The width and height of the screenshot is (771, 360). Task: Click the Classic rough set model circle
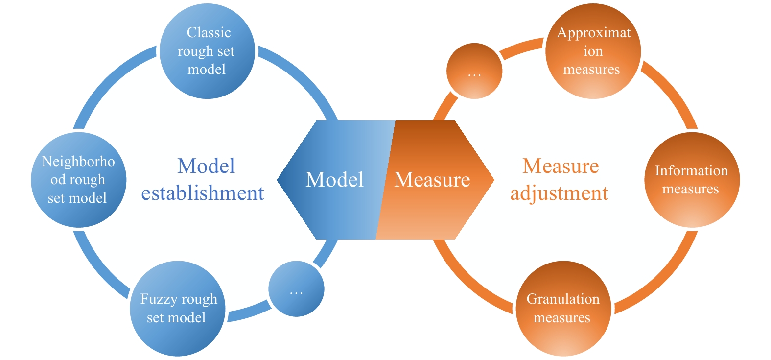[207, 51]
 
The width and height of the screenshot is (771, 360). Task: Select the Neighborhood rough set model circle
[78, 180]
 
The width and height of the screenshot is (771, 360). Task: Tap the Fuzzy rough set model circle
[177, 309]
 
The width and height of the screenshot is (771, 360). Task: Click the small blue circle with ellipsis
[296, 288]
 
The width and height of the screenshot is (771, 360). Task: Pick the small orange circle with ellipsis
[474, 71]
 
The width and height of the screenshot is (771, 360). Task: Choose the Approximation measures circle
[593, 51]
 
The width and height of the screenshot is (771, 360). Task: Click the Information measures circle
[691, 180]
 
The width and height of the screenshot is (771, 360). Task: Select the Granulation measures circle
[563, 309]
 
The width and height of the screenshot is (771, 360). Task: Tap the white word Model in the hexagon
[334, 180]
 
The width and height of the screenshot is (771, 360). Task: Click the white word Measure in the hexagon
[432, 180]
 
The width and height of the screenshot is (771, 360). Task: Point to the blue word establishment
[203, 193]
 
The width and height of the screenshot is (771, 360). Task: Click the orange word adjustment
[559, 193]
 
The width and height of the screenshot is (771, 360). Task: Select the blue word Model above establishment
[206, 166]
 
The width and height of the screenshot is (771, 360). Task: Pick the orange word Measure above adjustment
[561, 166]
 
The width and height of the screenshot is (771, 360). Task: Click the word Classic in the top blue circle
[209, 33]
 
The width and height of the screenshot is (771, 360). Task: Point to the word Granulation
[563, 299]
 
